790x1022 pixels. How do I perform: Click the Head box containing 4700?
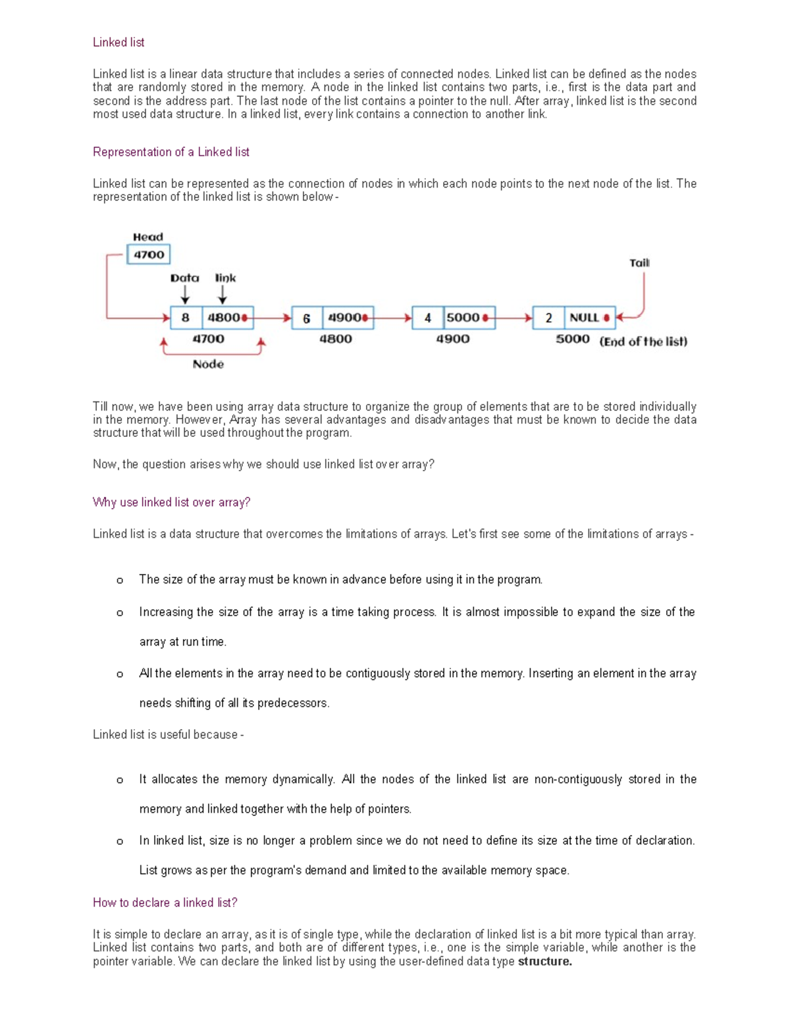coord(149,255)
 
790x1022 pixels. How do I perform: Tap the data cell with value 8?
coord(186,318)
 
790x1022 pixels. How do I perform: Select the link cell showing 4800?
coord(227,318)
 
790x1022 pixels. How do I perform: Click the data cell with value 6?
coord(307,319)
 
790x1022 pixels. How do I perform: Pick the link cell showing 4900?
coord(348,318)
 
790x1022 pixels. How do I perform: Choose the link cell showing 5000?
coord(467,318)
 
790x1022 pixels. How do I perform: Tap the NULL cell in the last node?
coord(588,318)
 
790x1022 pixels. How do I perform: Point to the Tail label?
coord(639,263)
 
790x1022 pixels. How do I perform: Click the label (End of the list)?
coord(643,342)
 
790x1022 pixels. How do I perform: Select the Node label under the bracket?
coord(208,364)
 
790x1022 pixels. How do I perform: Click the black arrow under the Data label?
coord(185,294)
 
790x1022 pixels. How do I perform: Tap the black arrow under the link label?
coord(223,294)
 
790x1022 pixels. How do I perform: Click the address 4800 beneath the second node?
coord(336,339)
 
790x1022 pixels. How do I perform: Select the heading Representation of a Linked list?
coord(171,152)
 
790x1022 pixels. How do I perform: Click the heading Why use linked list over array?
coord(171,502)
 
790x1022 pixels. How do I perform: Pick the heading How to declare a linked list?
coord(165,902)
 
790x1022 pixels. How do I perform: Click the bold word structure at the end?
coord(544,961)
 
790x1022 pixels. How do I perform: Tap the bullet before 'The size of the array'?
coord(119,580)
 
